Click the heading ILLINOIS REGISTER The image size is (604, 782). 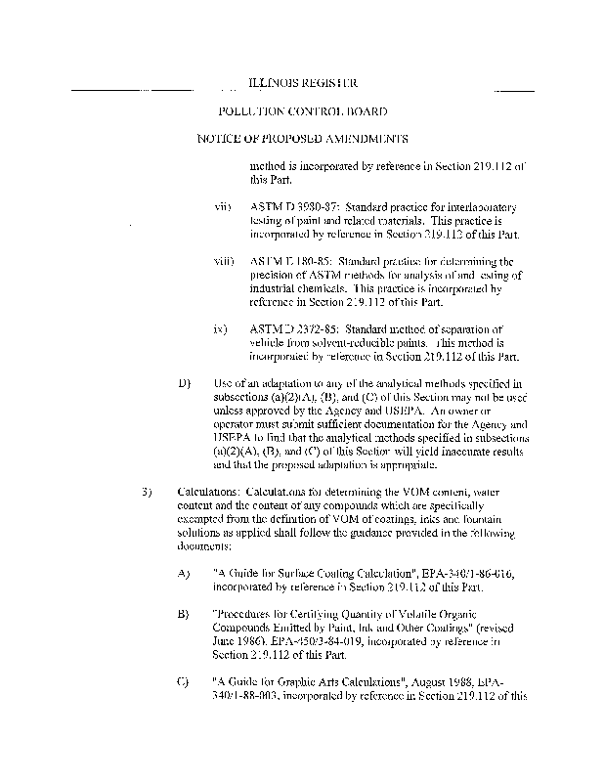coord(302,84)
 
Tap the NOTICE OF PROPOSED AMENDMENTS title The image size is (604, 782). coord(302,139)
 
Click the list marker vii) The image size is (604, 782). coord(222,208)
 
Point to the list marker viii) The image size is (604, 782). coord(223,262)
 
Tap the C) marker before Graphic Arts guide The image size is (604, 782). coord(183,681)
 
